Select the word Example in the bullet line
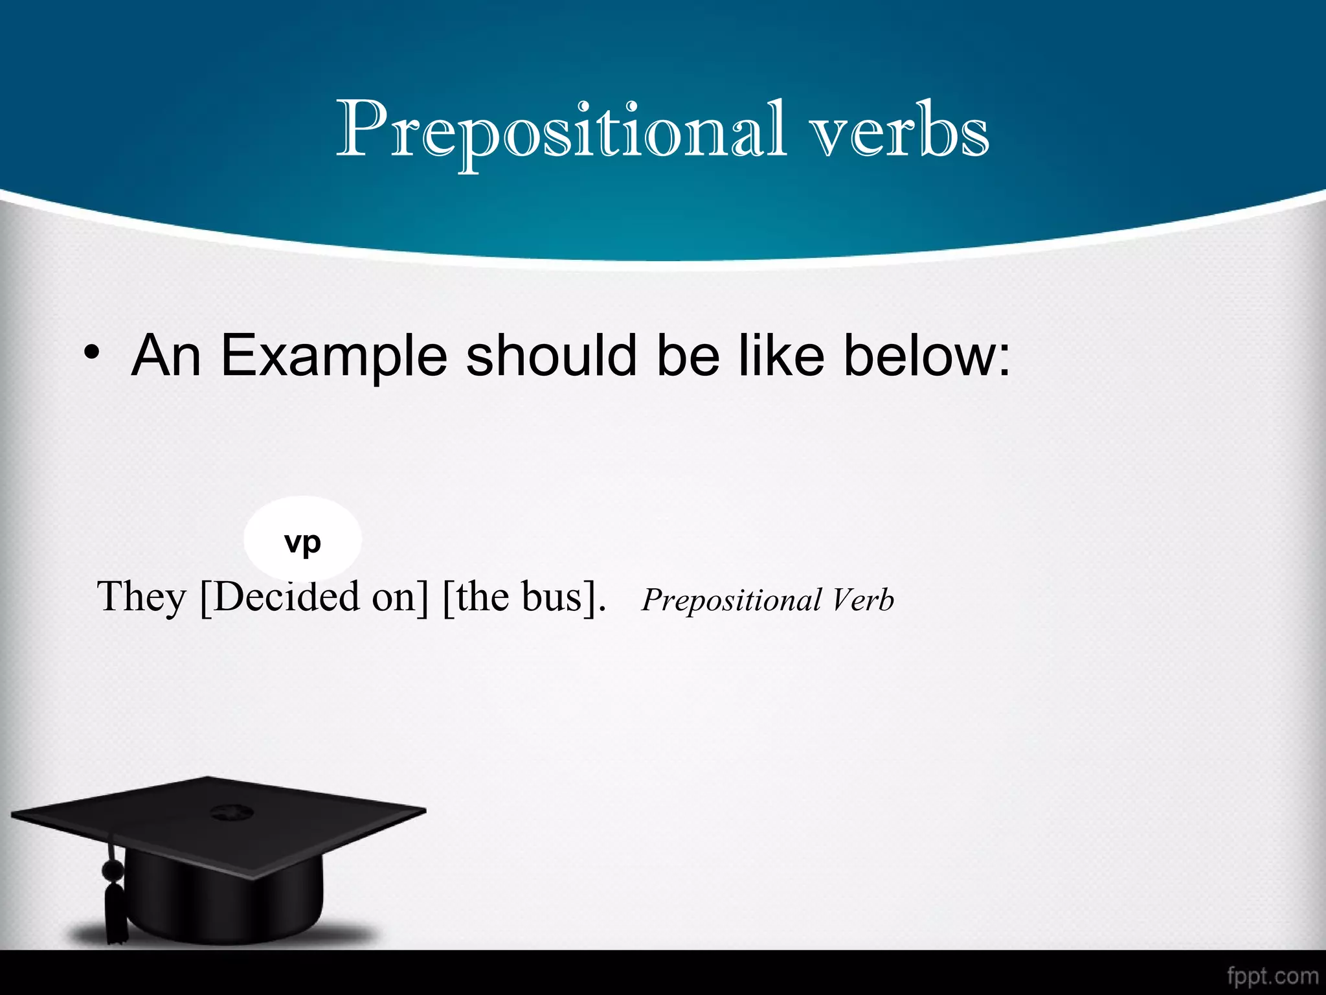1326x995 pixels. point(333,356)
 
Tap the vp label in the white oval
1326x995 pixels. point(302,542)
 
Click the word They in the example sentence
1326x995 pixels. point(141,597)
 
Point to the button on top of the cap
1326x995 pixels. point(228,811)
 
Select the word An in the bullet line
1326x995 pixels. point(166,356)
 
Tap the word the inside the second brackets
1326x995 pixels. point(482,597)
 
